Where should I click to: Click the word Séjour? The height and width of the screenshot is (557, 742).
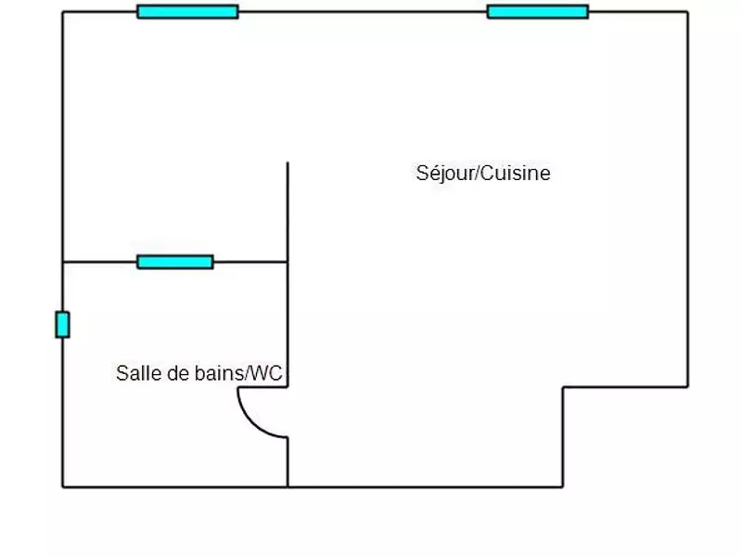coord(441,174)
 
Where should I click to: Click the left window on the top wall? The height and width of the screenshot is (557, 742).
coord(187,12)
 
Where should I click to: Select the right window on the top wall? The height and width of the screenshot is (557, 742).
coord(538,12)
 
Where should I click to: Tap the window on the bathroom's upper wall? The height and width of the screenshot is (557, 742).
coord(175,262)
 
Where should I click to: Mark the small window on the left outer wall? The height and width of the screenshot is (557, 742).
coord(62,325)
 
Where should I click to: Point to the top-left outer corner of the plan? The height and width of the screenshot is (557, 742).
coord(62,12)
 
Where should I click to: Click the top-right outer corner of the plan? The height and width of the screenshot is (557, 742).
coord(687,12)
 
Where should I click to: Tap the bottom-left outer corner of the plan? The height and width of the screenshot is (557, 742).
coord(62,486)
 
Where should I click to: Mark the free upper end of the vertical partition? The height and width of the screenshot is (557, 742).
coord(288,163)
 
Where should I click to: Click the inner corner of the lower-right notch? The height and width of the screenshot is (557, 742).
coord(563,387)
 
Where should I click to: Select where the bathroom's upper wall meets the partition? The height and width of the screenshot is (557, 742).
coord(288,262)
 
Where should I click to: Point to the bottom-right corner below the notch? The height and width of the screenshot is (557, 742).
coord(563,486)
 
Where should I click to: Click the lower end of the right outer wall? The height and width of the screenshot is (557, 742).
coord(687,387)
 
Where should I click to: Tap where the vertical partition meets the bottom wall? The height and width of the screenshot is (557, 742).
coord(288,486)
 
